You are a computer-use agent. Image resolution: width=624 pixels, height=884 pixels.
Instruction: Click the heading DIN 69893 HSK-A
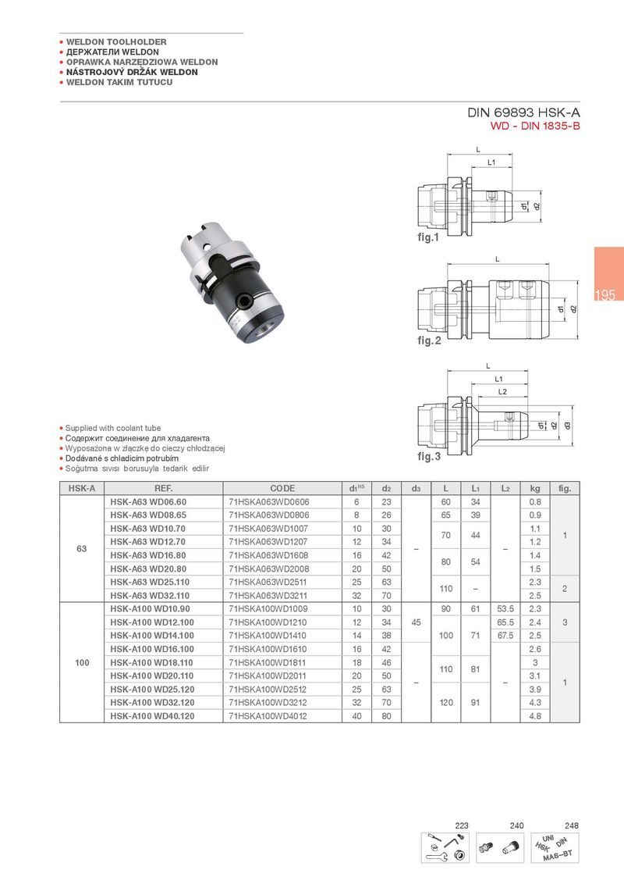point(524,112)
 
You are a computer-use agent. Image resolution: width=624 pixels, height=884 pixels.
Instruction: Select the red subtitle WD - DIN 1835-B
point(535,126)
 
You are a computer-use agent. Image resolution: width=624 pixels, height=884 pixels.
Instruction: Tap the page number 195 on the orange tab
point(604,296)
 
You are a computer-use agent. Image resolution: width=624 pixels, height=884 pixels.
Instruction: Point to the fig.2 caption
point(429,341)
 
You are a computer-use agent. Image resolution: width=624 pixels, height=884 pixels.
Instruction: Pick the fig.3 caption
point(429,456)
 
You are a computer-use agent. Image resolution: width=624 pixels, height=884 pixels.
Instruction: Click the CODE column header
point(282,489)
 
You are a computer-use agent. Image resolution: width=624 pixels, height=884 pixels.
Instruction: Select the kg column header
point(535,489)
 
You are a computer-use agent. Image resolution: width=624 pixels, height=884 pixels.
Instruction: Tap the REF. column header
point(164,489)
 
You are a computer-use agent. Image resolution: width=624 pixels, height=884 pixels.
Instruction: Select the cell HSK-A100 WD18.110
point(152,662)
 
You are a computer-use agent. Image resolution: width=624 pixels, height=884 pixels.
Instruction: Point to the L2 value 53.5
point(505,608)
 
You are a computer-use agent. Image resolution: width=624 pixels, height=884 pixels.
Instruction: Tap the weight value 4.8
point(535,715)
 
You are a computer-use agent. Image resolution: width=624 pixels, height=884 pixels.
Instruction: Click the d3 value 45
point(417,622)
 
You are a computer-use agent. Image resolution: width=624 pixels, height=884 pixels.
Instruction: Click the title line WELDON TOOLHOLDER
point(116,41)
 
